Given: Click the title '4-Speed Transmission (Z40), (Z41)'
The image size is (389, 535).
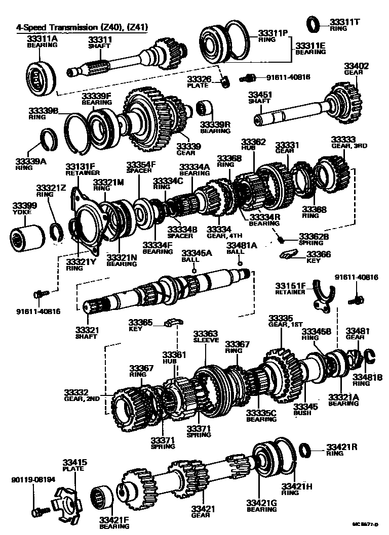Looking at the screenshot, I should pyautogui.click(x=79, y=27).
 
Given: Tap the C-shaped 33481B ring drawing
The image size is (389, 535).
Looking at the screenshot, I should pyautogui.click(x=369, y=357).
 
